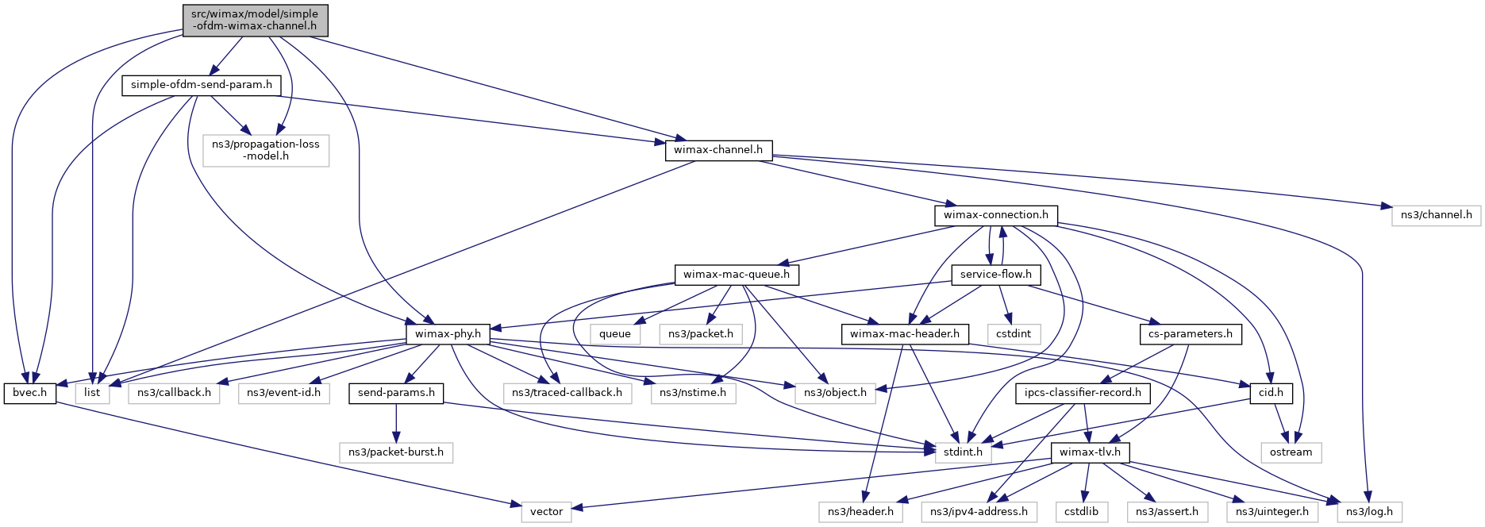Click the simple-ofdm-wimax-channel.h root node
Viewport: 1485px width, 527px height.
pyautogui.click(x=254, y=20)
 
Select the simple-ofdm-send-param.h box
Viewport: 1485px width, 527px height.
pyautogui.click(x=201, y=85)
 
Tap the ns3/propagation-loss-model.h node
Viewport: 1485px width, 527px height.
pyautogui.click(x=265, y=150)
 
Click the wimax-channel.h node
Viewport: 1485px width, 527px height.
pyautogui.click(x=717, y=150)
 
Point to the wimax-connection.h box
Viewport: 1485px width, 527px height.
pyautogui.click(x=995, y=215)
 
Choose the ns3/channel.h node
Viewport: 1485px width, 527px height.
pyautogui.click(x=1436, y=215)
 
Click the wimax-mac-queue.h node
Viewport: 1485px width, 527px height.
pyautogui.click(x=736, y=275)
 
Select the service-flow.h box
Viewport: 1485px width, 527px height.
pyautogui.click(x=995, y=275)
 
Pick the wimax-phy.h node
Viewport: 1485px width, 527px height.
pyautogui.click(x=448, y=334)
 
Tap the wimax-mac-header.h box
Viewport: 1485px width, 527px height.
pyautogui.click(x=904, y=334)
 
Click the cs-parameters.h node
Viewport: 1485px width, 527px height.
pyautogui.click(x=1190, y=334)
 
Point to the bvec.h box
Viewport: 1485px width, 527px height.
pyautogui.click(x=30, y=393)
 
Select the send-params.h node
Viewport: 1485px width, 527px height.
pyautogui.click(x=396, y=393)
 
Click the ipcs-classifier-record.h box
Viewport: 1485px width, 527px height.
pyautogui.click(x=1083, y=393)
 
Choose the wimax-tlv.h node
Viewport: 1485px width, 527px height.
pyautogui.click(x=1090, y=452)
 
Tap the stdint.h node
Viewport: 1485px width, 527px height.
pyautogui.click(x=963, y=452)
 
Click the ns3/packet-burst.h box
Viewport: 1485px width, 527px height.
pyautogui.click(x=396, y=452)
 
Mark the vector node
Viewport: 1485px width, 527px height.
pyautogui.click(x=546, y=512)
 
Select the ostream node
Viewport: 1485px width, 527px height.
pyautogui.click(x=1291, y=452)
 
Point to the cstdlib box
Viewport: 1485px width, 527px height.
pyautogui.click(x=1081, y=512)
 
